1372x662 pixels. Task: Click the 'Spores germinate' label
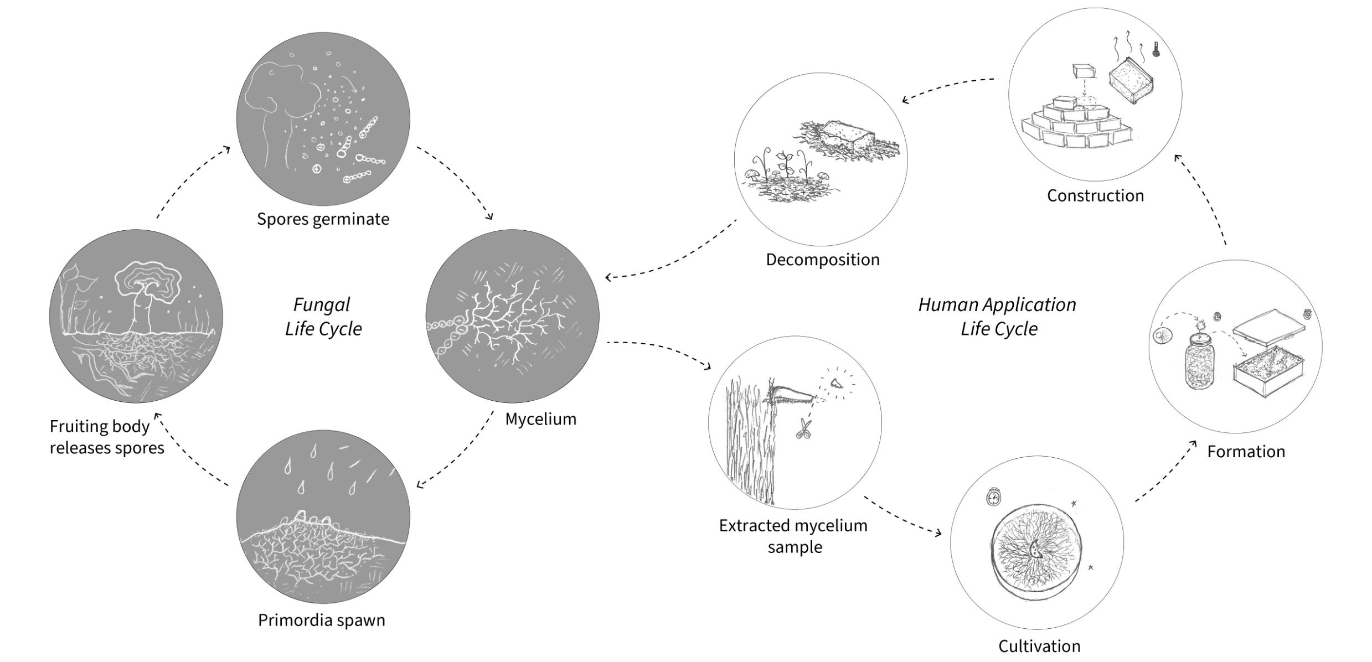(323, 219)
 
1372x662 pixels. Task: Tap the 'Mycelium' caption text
(540, 419)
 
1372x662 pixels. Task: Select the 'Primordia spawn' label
(322, 620)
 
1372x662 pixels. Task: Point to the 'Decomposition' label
(822, 260)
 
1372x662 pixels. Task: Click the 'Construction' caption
(1095, 195)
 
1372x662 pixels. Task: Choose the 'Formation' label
(1246, 452)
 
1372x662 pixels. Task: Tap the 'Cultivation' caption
(1039, 646)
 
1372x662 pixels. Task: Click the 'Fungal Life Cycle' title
(323, 317)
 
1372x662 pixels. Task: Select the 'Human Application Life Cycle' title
(998, 317)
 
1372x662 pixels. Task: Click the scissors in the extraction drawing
(803, 429)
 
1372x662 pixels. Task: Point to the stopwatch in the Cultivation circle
(994, 497)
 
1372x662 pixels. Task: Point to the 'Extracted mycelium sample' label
(793, 536)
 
